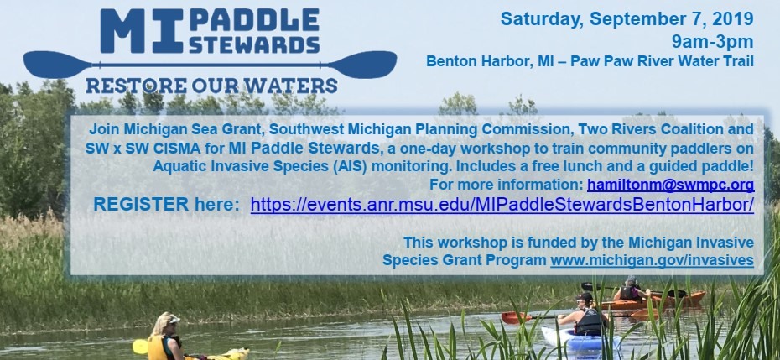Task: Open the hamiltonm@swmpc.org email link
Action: (670, 184)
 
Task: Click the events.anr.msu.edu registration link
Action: (502, 205)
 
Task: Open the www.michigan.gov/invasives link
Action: (651, 260)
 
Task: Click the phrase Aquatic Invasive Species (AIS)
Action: (242, 166)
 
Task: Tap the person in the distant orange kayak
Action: (630, 291)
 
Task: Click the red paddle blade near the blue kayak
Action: (513, 318)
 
